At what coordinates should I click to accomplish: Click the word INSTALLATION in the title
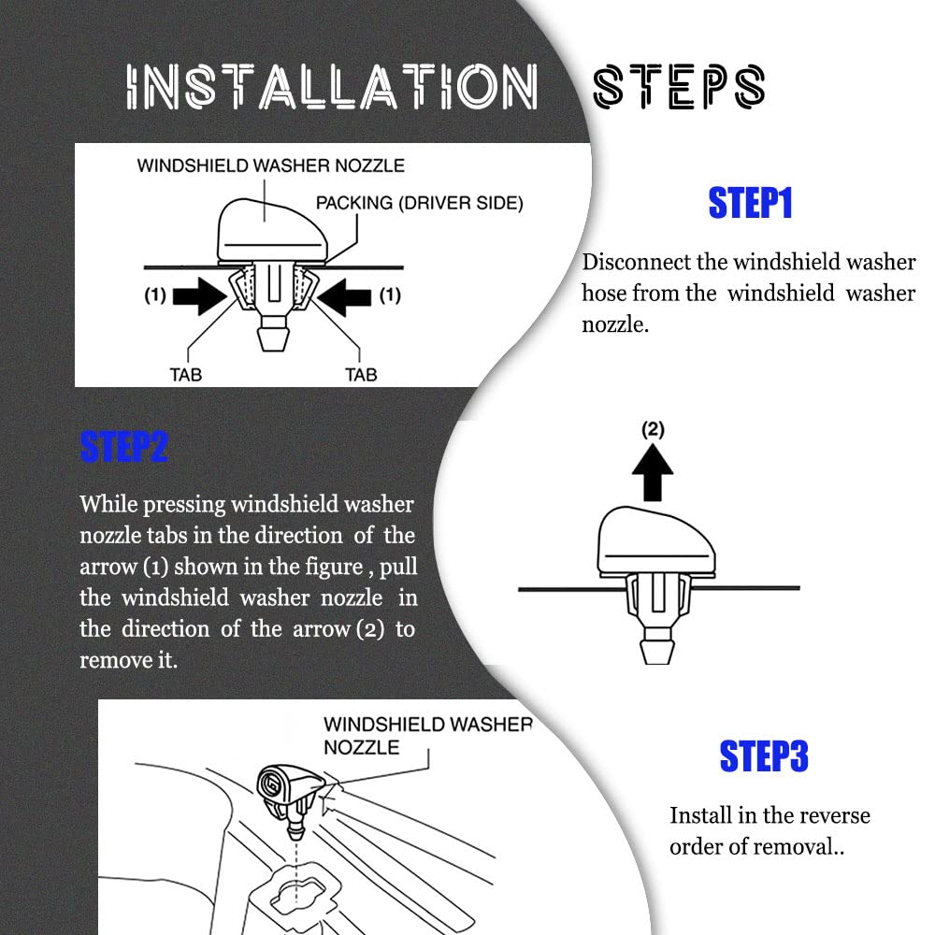[x=332, y=87]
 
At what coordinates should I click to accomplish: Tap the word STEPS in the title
[x=679, y=87]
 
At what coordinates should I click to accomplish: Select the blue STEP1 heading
[x=750, y=203]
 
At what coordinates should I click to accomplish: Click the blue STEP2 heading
[x=124, y=447]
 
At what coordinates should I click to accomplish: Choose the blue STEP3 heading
[x=764, y=756]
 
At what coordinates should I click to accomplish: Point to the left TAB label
[x=185, y=375]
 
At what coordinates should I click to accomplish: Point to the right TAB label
[x=361, y=375]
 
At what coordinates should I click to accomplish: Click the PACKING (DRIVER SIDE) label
[x=419, y=203]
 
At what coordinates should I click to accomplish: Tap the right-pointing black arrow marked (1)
[x=200, y=295]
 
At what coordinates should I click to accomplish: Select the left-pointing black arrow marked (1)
[x=343, y=295]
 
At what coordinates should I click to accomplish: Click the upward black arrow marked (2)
[x=653, y=472]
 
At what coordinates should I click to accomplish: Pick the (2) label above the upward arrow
[x=653, y=429]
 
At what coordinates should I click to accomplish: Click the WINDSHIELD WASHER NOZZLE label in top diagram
[x=271, y=165]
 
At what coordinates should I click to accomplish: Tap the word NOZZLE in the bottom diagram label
[x=361, y=747]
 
